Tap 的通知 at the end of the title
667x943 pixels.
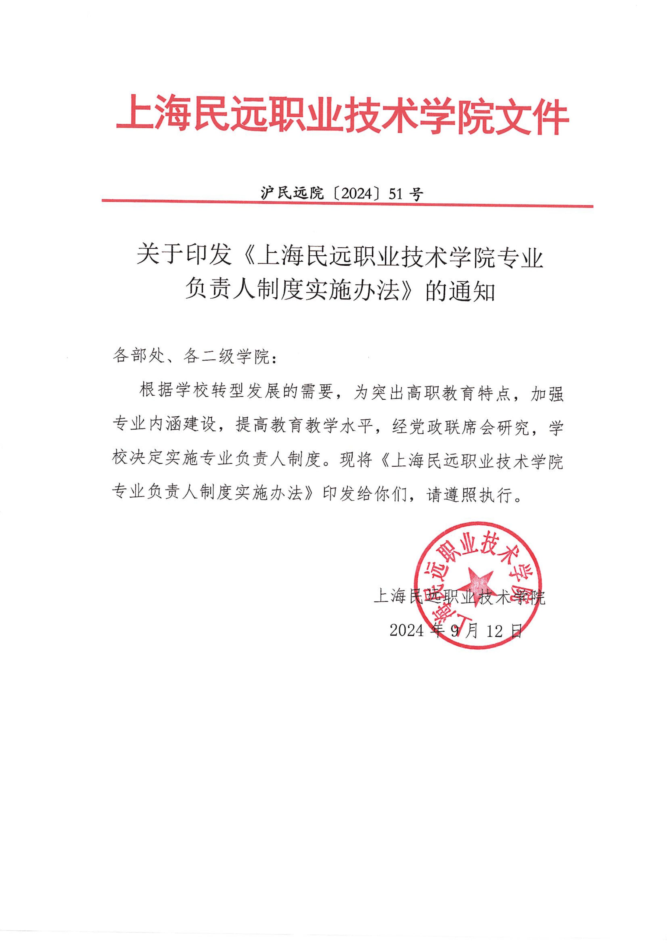click(460, 293)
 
